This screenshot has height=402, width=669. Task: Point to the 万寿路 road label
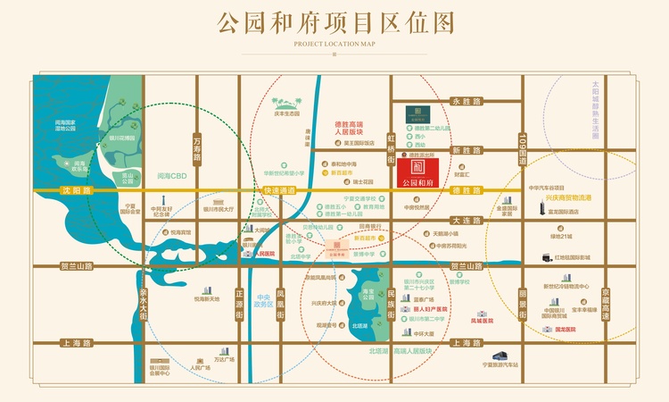(x=197, y=147)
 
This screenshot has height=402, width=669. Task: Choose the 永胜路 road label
(x=466, y=103)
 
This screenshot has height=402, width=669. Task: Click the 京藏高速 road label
(x=605, y=303)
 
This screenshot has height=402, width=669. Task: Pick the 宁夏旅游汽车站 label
(x=501, y=364)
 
